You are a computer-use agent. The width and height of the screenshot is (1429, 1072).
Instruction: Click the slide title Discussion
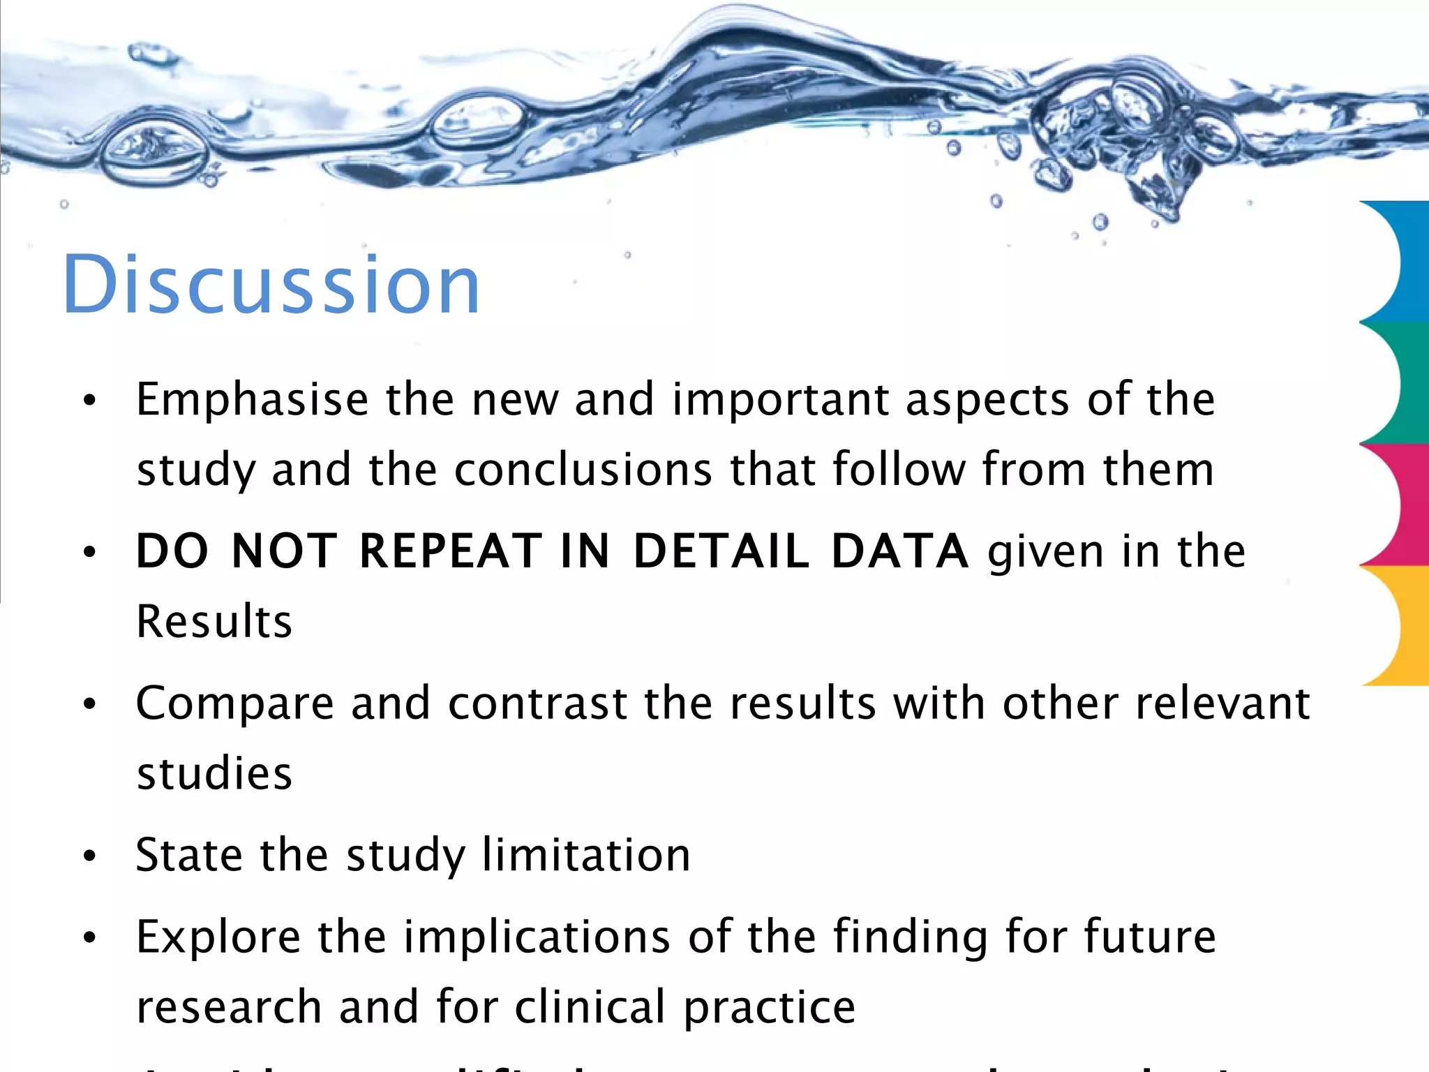coord(271,284)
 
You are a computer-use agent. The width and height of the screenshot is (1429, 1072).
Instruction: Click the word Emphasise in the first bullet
coord(252,400)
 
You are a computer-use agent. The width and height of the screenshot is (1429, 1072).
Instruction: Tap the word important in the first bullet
coord(780,400)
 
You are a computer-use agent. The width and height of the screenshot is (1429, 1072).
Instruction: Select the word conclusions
coord(583,470)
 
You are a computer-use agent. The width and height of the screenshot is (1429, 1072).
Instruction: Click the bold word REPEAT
coord(450,551)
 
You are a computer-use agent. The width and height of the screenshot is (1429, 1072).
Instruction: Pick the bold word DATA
coord(899,551)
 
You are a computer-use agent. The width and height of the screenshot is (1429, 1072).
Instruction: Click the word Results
coord(214,621)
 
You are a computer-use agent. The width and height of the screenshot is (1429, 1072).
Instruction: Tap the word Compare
coord(234,703)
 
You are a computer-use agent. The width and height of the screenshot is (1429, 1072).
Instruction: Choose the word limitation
coord(586,855)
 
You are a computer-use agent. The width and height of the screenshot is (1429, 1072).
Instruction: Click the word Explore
coord(218,937)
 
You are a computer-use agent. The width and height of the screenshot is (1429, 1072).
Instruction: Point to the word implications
coord(537,937)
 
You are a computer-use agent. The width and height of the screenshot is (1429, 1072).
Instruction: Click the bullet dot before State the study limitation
coord(89,856)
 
